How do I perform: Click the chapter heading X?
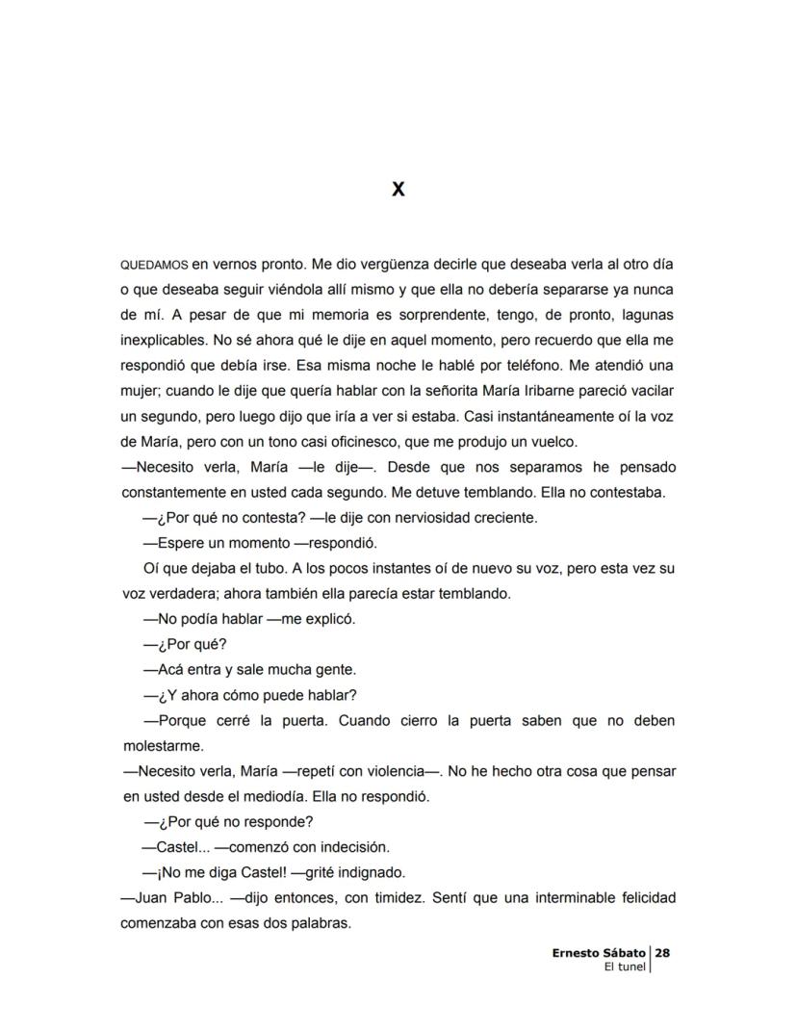(x=398, y=190)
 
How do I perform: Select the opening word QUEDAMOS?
(x=154, y=265)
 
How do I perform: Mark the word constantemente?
(x=178, y=492)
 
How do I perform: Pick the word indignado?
(x=368, y=872)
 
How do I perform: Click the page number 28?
(x=662, y=952)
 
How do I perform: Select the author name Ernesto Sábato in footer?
(x=599, y=952)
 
